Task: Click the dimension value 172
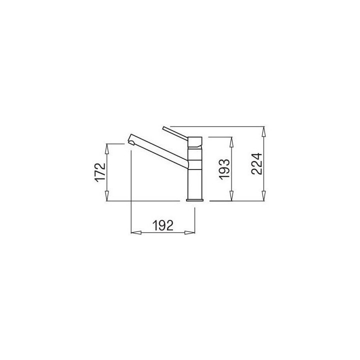[100, 172]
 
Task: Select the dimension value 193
[224, 169]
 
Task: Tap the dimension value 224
[256, 163]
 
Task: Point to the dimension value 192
[163, 225]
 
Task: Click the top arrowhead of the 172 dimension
[106, 148]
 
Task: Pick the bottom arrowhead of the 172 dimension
[106, 196]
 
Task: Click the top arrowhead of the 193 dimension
[231, 142]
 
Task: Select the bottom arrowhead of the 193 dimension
[231, 196]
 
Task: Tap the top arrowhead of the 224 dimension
[264, 131]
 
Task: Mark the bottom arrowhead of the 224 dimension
[264, 196]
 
